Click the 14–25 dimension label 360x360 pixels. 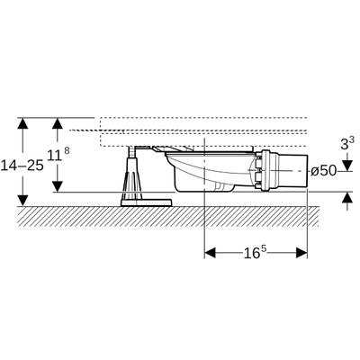coord(22,166)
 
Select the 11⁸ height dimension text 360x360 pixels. coord(58,155)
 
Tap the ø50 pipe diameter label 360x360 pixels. coord(323,171)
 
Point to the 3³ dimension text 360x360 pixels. coord(347,143)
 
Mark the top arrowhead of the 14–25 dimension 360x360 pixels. coord(22,123)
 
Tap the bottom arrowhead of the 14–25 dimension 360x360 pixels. coord(22,201)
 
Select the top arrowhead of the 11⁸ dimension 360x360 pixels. coord(57,123)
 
